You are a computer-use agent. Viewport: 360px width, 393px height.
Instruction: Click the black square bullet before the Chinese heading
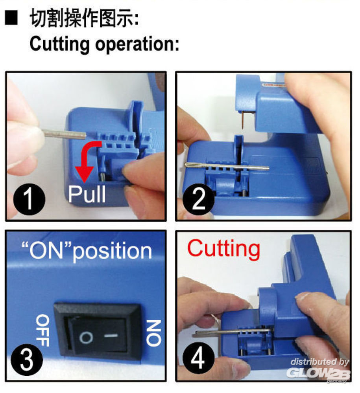click(11, 18)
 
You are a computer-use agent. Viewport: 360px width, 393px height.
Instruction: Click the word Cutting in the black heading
click(59, 44)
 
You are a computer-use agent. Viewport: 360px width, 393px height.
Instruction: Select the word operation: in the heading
click(137, 45)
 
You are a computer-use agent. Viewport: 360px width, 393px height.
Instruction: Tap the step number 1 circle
click(29, 199)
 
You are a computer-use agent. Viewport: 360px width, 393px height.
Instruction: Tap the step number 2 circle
click(198, 199)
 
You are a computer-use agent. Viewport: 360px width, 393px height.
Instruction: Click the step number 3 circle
click(27, 360)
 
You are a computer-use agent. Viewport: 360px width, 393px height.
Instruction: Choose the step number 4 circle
click(198, 359)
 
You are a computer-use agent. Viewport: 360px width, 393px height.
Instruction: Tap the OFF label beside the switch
click(42, 331)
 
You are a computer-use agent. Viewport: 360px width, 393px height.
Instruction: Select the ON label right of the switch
click(153, 333)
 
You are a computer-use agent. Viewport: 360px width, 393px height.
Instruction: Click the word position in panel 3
click(112, 252)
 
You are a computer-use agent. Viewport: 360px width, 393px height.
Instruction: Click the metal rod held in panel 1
click(65, 134)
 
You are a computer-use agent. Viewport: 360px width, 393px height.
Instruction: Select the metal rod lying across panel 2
click(227, 166)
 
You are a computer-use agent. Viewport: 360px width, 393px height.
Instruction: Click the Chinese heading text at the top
click(84, 18)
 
